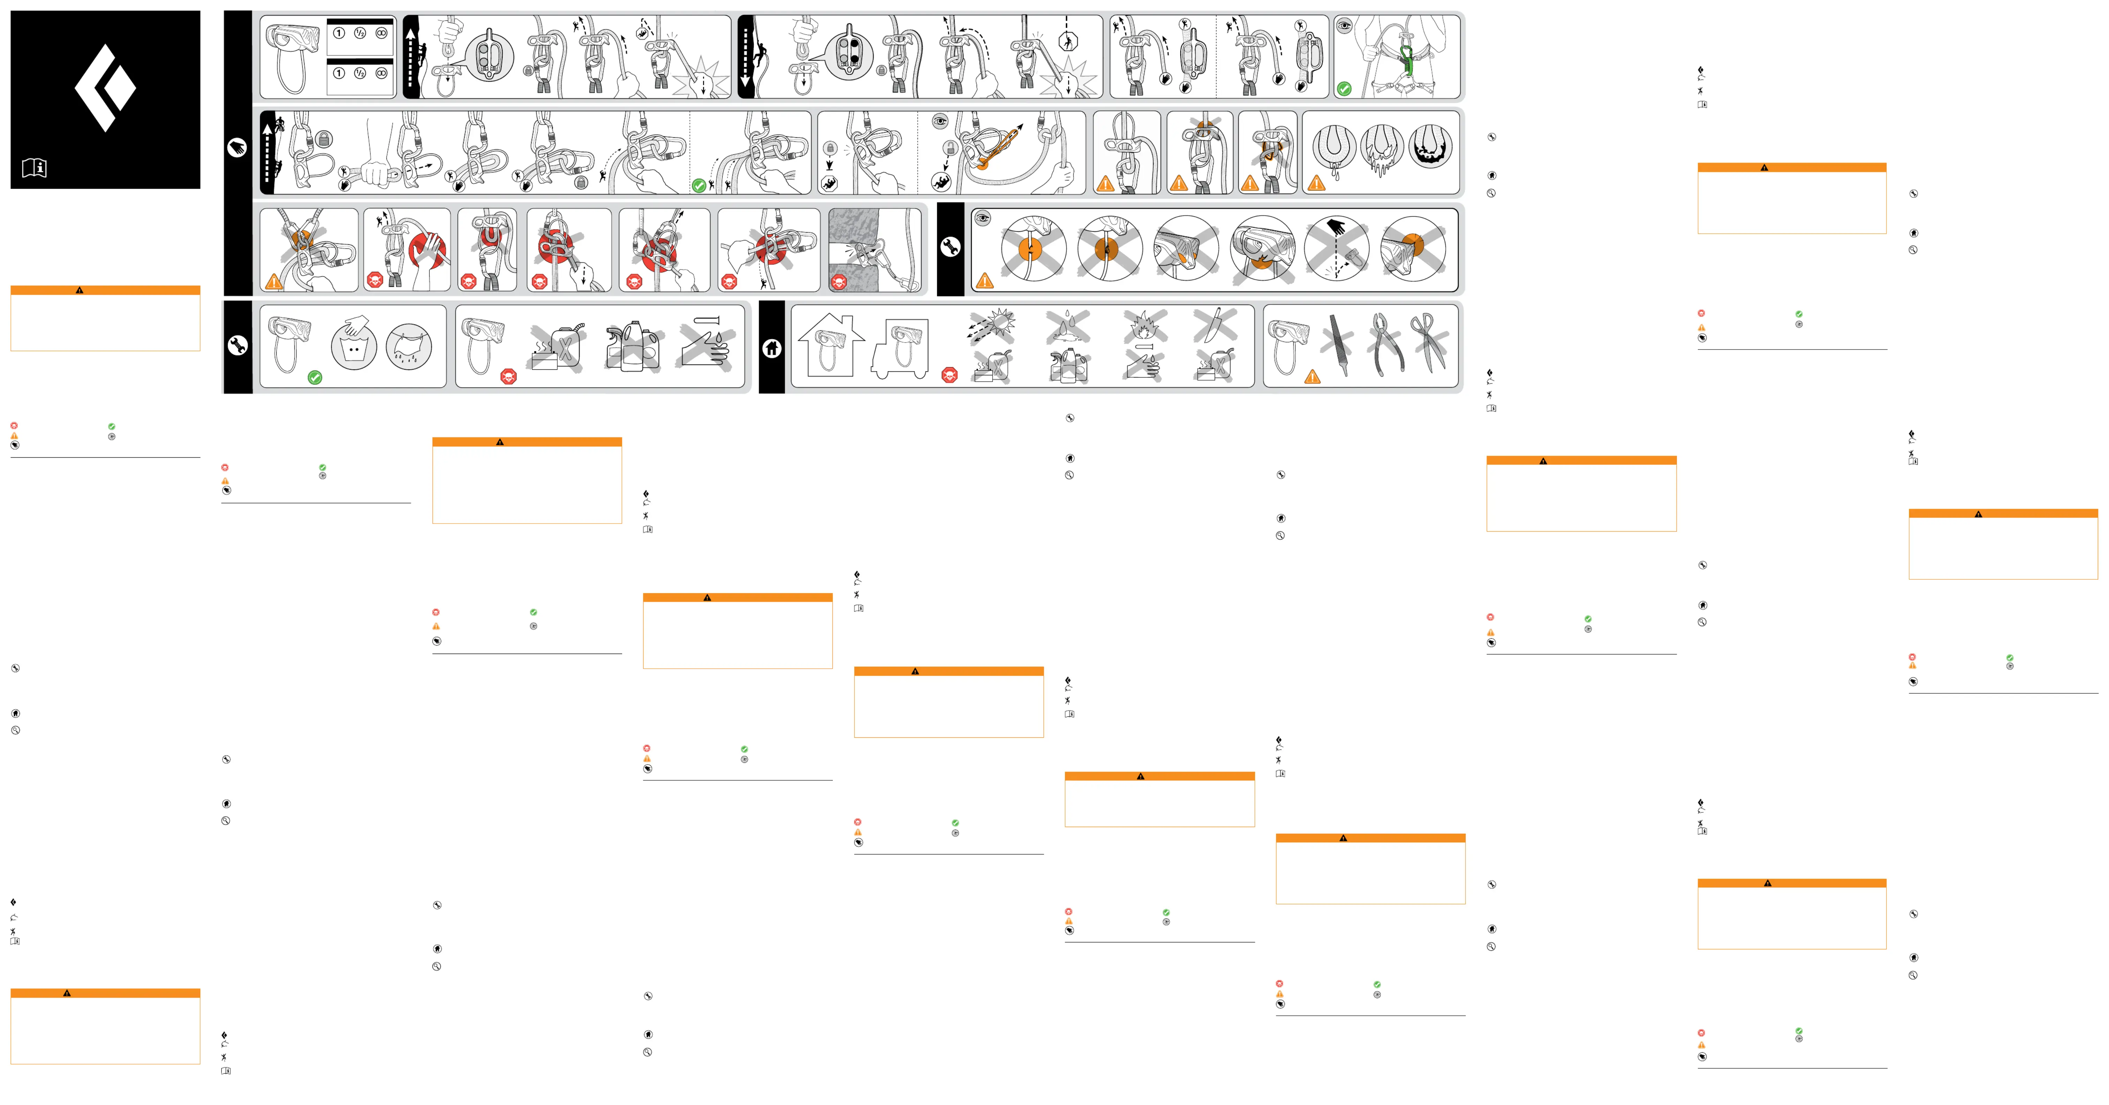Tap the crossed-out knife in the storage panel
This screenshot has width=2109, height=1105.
[x=1213, y=323]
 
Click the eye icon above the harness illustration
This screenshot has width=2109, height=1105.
[x=1344, y=26]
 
